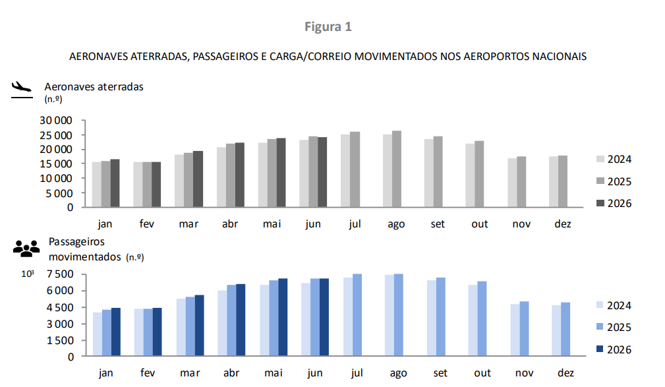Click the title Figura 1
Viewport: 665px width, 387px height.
coord(328,27)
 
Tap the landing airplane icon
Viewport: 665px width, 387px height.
coord(22,89)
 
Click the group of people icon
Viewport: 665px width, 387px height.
coord(26,249)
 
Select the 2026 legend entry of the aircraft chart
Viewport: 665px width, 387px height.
coord(614,203)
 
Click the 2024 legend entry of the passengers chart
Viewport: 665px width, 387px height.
coord(614,305)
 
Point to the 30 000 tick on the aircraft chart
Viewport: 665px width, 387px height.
coord(56,121)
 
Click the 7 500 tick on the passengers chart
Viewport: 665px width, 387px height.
coord(60,274)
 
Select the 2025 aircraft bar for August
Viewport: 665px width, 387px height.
coord(397,169)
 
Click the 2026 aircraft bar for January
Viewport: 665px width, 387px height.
coord(115,183)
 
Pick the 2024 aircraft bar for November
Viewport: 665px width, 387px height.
coord(512,183)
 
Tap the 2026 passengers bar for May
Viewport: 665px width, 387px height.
coord(283,317)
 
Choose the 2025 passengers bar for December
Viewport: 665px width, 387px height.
coord(565,329)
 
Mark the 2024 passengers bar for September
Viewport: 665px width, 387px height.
coord(431,318)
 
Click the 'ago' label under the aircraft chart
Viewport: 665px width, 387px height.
coord(396,224)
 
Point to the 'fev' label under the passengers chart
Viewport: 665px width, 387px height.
coord(147,372)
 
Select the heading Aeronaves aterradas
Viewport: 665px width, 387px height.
coord(94,86)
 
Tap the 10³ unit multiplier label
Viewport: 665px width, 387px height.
coord(28,274)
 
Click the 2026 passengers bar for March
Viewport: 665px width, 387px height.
coord(199,326)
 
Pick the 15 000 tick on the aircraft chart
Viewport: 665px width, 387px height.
coord(56,164)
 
